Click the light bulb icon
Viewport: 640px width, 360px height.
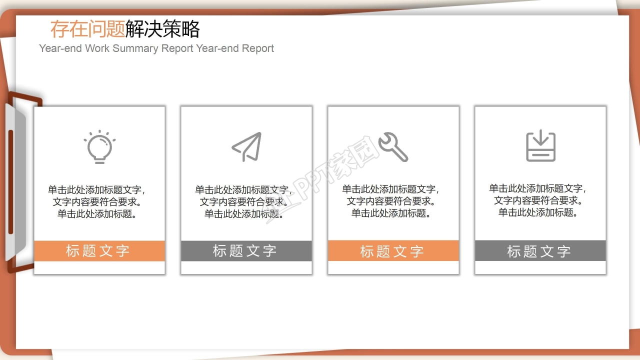(99, 147)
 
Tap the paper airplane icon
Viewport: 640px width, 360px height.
(247, 147)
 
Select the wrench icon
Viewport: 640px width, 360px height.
(393, 147)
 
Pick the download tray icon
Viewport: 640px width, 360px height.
(540, 146)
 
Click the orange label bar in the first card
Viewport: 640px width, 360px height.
(99, 251)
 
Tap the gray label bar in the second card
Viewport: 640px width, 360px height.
(246, 251)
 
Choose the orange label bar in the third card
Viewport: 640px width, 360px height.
(393, 251)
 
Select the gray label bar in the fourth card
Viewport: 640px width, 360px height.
(540, 251)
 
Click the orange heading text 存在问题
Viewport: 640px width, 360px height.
(87, 29)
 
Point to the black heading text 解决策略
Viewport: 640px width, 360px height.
(162, 29)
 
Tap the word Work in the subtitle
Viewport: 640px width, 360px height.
(97, 48)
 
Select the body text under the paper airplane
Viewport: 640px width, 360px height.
(244, 202)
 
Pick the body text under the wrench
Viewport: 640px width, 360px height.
(391, 201)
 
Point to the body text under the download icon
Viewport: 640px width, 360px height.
(538, 200)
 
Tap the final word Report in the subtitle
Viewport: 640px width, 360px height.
(258, 48)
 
